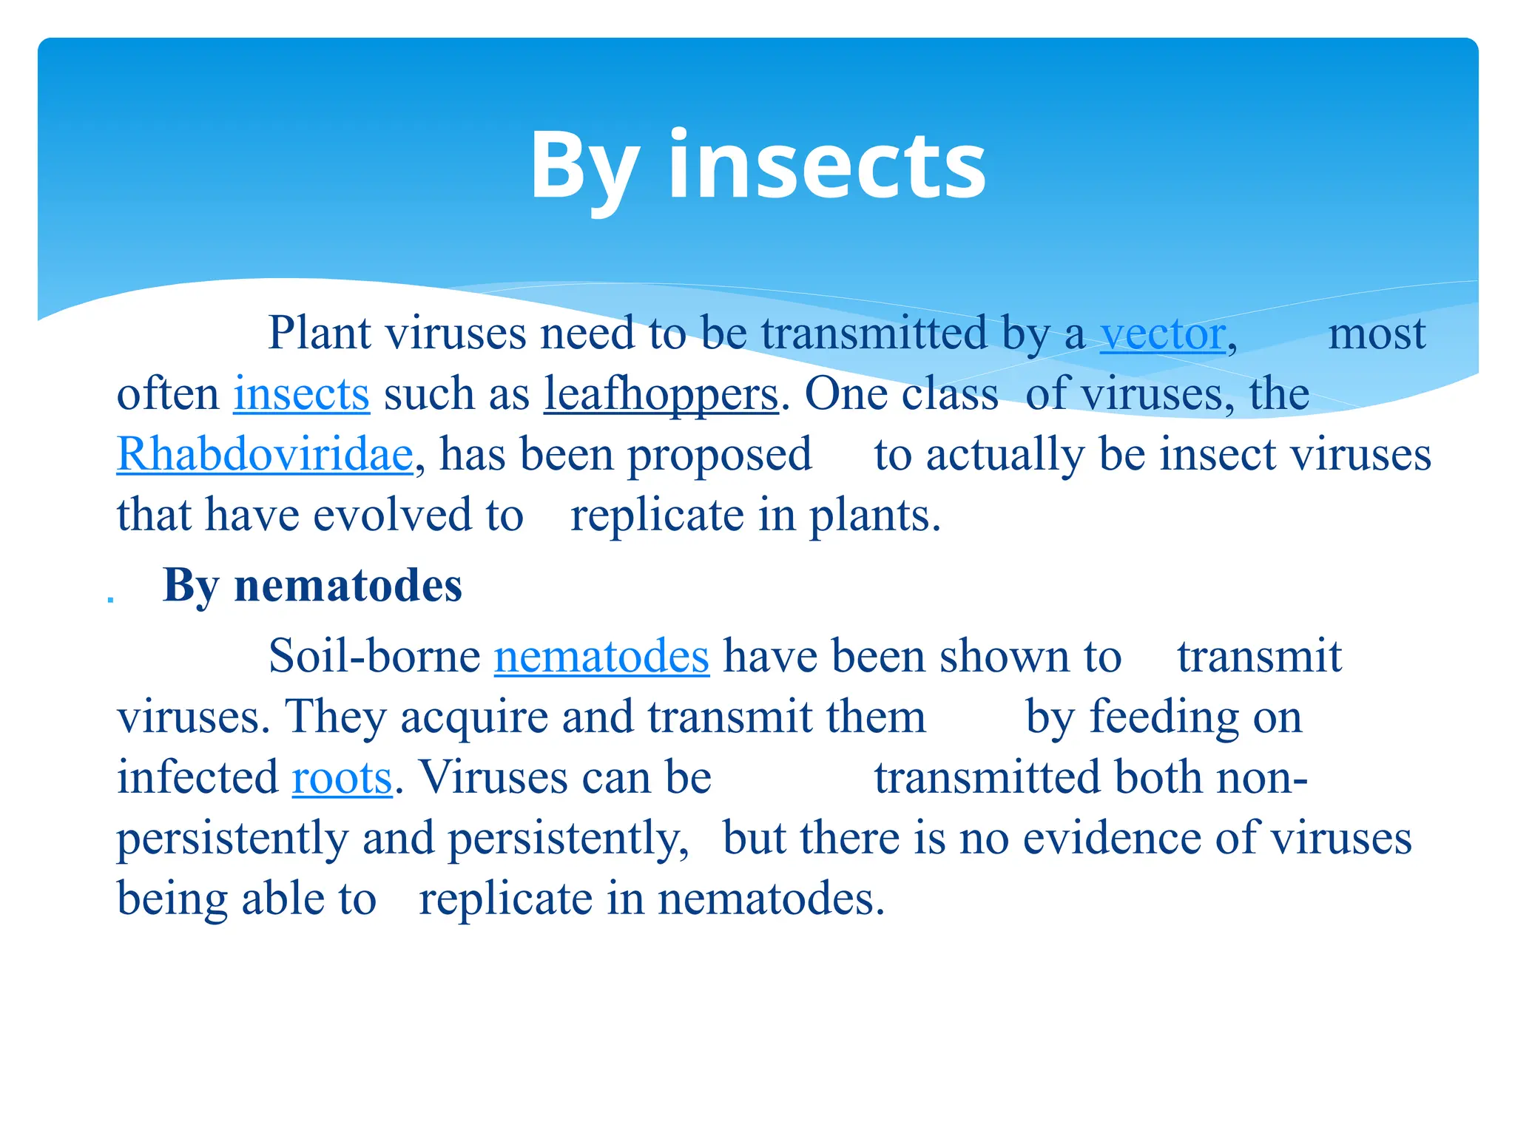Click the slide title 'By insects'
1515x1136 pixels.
(x=757, y=166)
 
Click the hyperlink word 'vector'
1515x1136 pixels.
(x=1163, y=334)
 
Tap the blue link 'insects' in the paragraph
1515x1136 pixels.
(x=301, y=393)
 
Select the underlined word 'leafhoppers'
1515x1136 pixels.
(x=661, y=393)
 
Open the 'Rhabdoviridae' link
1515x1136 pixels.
(x=265, y=454)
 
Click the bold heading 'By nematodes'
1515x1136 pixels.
(x=312, y=586)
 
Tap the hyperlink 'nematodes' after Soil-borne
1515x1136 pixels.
(x=601, y=656)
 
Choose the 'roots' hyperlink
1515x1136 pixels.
(x=342, y=777)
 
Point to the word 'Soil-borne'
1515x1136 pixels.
(x=374, y=656)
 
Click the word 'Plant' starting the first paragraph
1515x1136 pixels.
(x=319, y=334)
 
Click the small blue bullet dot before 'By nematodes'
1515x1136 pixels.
(x=111, y=598)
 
